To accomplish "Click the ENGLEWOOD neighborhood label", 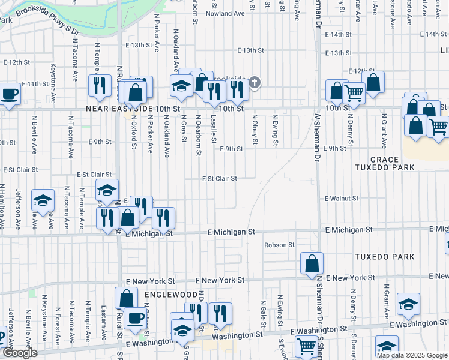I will tap(170, 295).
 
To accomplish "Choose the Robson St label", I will tap(279, 245).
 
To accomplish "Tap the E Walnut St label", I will tap(342, 198).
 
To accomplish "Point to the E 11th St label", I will tap(35, 84).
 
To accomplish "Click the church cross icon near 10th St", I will tap(255, 82).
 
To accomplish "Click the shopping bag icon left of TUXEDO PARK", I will tap(312, 263).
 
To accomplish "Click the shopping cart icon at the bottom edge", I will tap(306, 346).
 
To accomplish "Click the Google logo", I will tap(20, 353).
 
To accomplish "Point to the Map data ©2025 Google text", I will tap(412, 355).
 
